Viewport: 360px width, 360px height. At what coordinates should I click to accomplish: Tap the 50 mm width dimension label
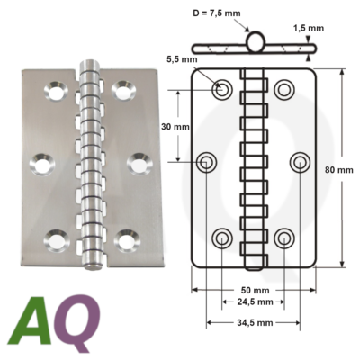(255, 291)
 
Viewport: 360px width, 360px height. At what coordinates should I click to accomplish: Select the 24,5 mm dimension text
(255, 304)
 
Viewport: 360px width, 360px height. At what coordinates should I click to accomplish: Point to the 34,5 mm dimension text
(255, 321)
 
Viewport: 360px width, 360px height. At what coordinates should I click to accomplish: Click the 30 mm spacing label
(176, 126)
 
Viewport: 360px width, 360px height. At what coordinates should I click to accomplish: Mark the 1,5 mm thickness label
(308, 28)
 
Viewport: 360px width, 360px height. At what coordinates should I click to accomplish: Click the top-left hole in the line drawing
(222, 88)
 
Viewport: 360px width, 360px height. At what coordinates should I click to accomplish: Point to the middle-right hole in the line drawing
(301, 162)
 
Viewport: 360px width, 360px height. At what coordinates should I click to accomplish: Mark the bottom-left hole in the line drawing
(222, 238)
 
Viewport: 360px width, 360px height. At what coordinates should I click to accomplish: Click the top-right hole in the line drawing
(284, 88)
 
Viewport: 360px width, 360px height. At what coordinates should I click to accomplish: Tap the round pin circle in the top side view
(255, 41)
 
